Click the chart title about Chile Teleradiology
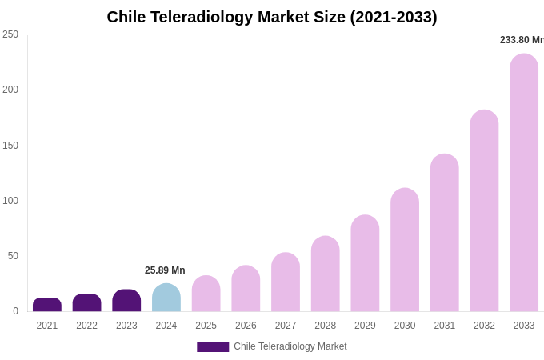272,17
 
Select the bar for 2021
47,305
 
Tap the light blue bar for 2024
166,298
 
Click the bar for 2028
326,274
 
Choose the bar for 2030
405,250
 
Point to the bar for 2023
126,301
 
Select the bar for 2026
246,289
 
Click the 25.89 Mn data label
165,270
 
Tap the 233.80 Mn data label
521,40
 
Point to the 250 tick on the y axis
10,34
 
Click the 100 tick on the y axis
10,201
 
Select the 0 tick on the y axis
15,311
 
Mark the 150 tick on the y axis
10,146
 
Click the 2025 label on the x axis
206,326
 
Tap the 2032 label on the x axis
484,326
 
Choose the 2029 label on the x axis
365,326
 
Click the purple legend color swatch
213,347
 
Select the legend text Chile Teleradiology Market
290,346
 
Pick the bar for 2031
445,233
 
